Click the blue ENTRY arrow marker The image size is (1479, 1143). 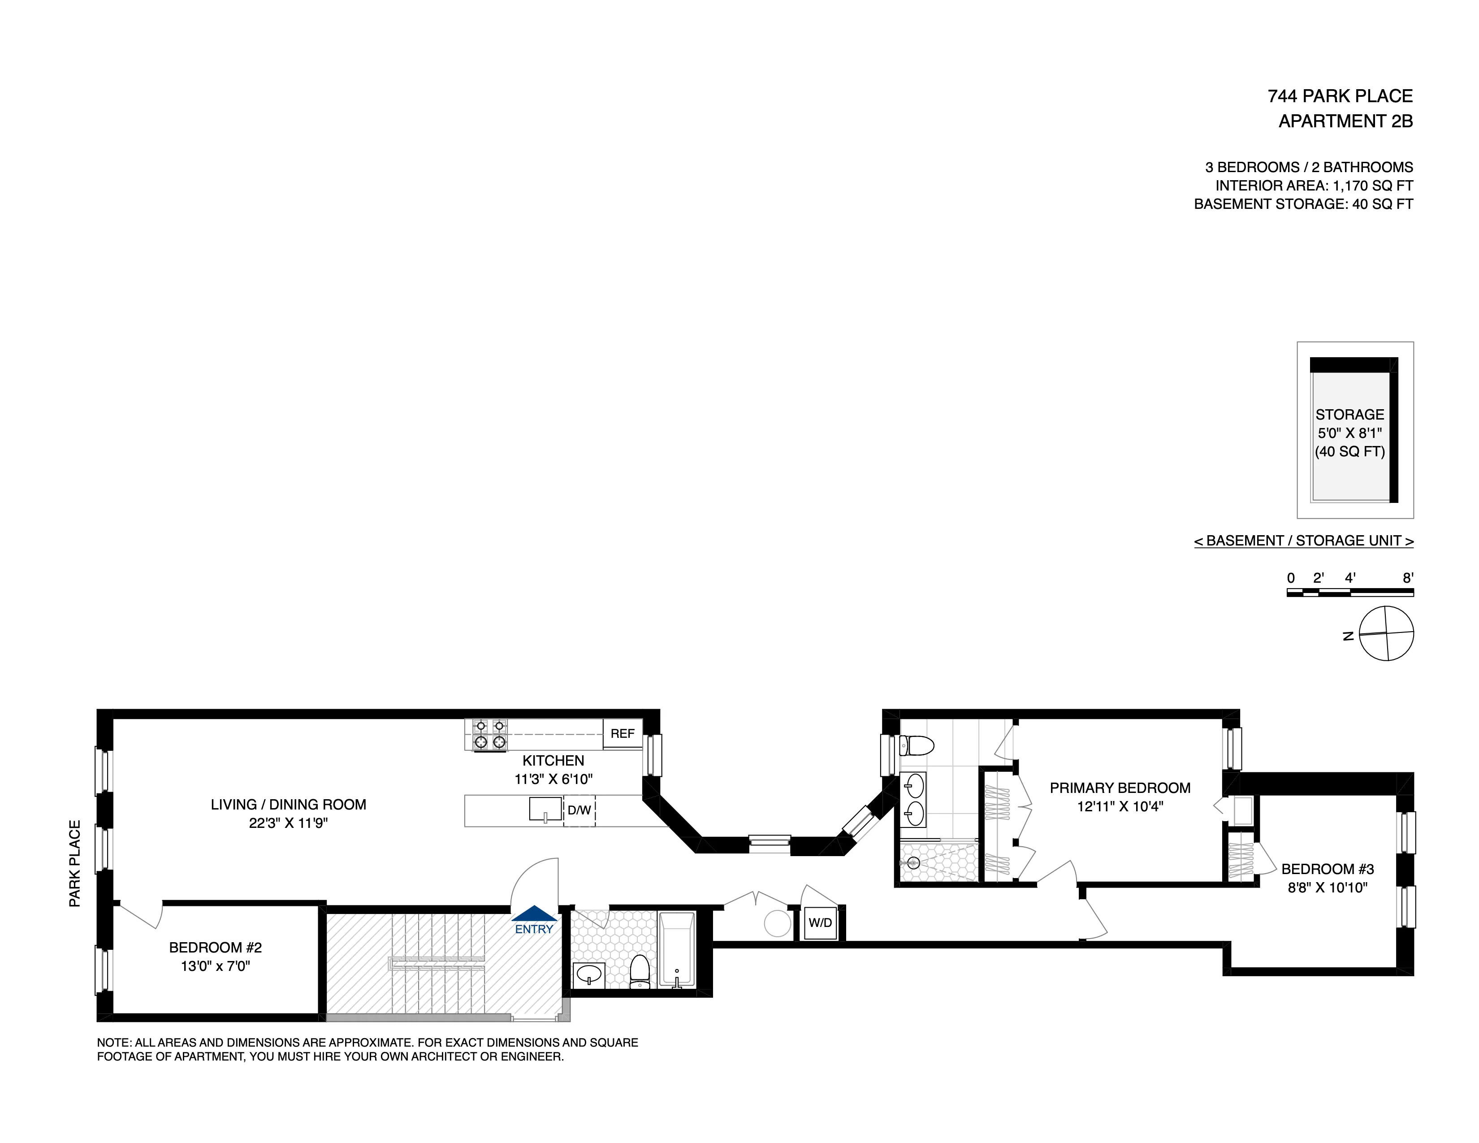coord(534,914)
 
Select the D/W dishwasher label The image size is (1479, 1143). coord(579,810)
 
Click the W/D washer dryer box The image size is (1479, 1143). coord(820,923)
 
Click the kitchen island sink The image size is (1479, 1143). coord(545,809)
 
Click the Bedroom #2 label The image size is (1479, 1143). coord(215,947)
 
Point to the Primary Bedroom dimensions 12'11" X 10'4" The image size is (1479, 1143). coord(1120,806)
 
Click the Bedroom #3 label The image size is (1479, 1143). coord(1328,869)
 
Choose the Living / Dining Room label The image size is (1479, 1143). coord(289,805)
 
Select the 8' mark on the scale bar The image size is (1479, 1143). coord(1408,578)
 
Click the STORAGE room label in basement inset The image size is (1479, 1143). coord(1349,415)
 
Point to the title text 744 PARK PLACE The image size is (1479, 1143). coord(1340,96)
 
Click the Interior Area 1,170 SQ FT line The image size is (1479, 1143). coord(1314,186)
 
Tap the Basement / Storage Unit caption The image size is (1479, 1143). coord(1304,541)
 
